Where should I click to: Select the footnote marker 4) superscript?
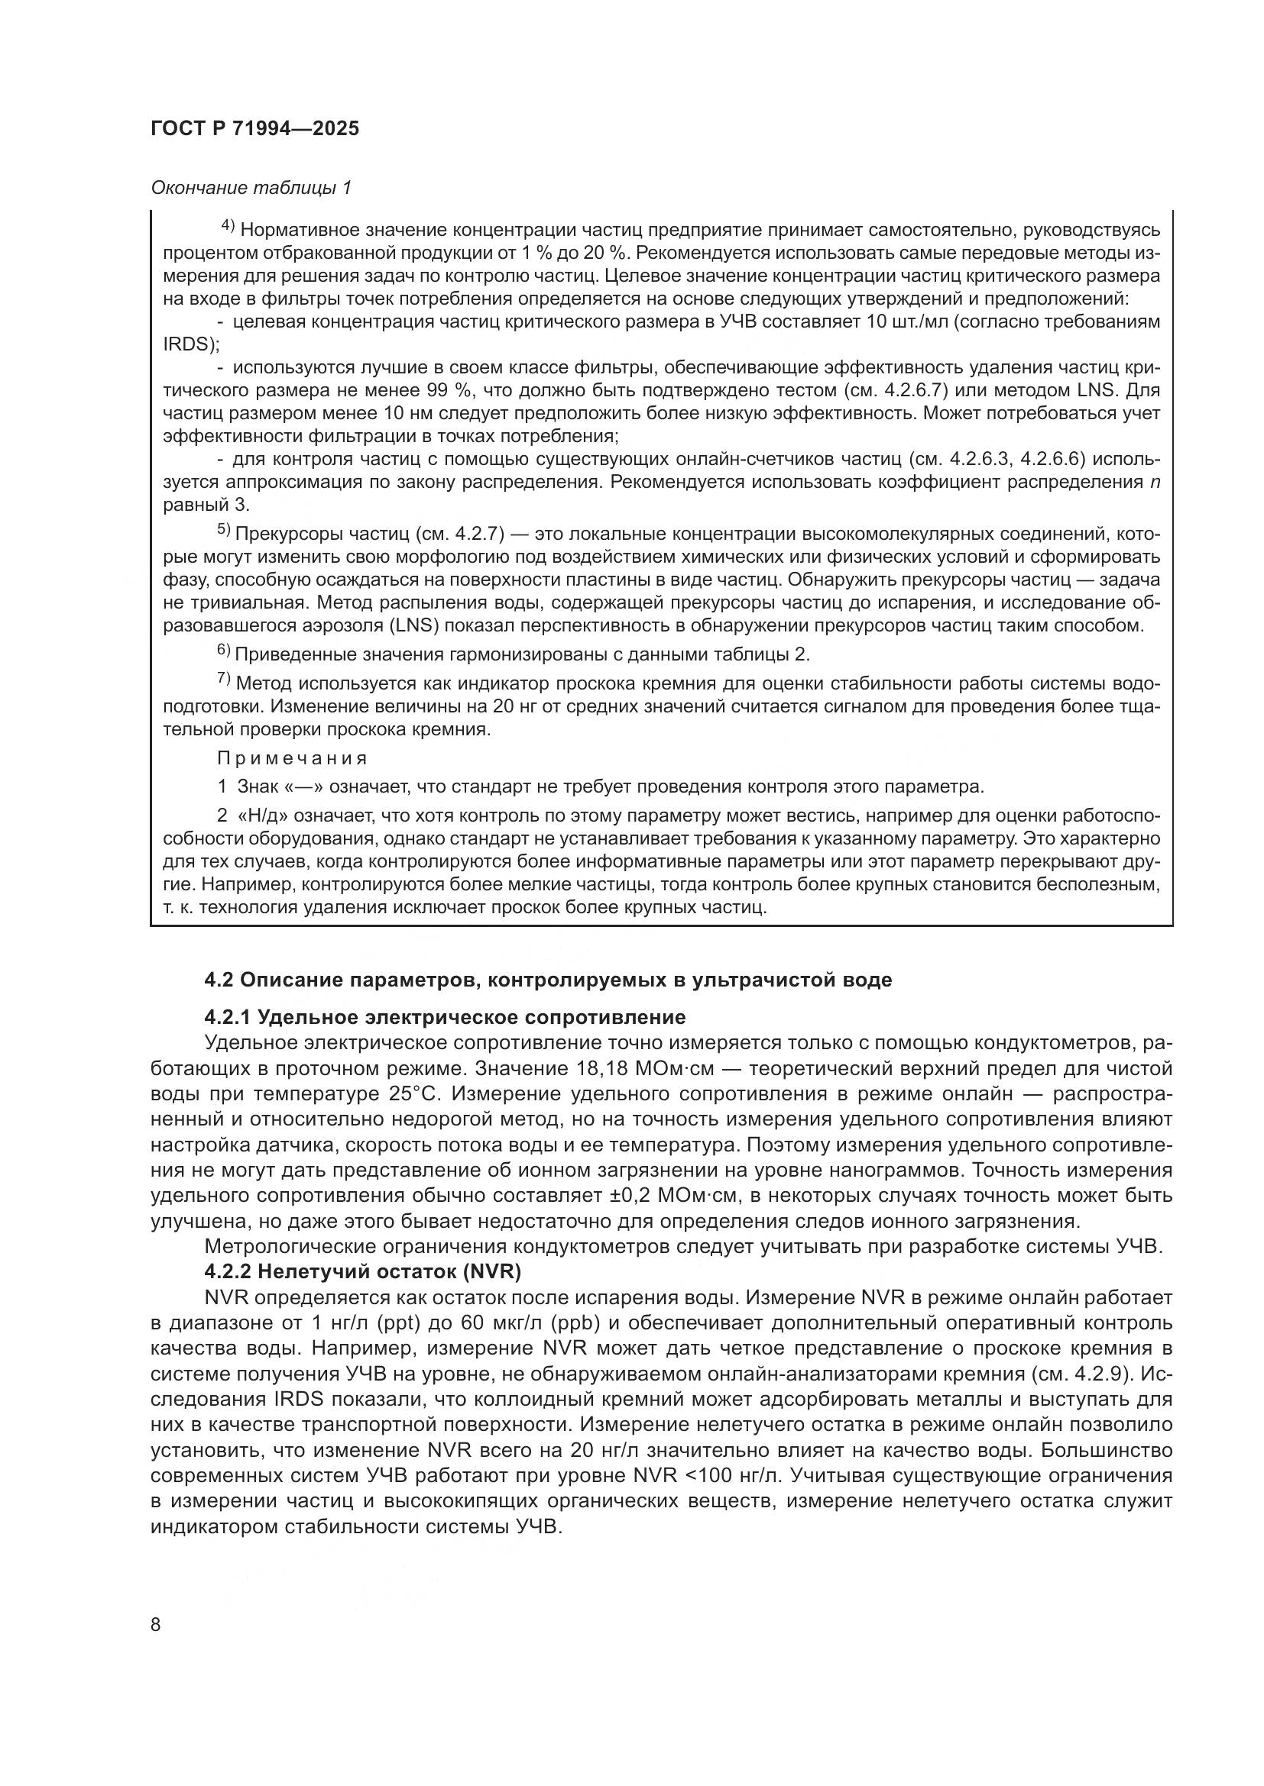228,226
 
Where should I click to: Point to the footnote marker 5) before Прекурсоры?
223,530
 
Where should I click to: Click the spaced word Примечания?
292,757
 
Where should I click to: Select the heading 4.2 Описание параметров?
548,980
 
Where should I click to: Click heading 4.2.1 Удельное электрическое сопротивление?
445,1017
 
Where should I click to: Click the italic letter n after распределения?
1154,483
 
